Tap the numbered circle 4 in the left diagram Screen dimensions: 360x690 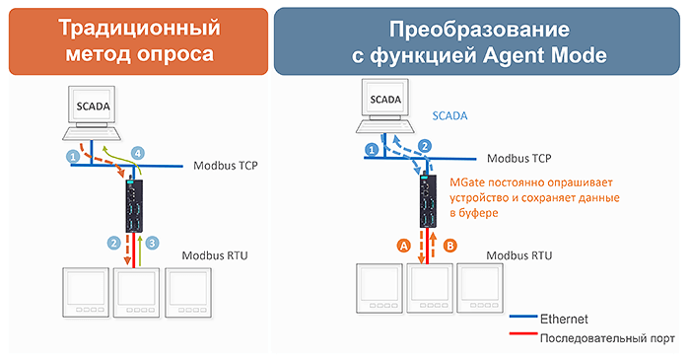tap(138, 153)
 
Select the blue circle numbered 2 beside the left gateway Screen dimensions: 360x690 tap(114, 242)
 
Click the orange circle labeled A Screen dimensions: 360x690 tap(402, 246)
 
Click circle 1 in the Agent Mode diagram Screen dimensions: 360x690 tap(371, 149)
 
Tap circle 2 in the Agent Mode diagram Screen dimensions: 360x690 tap(425, 146)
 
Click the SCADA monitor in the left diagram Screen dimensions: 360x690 tap(95, 106)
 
